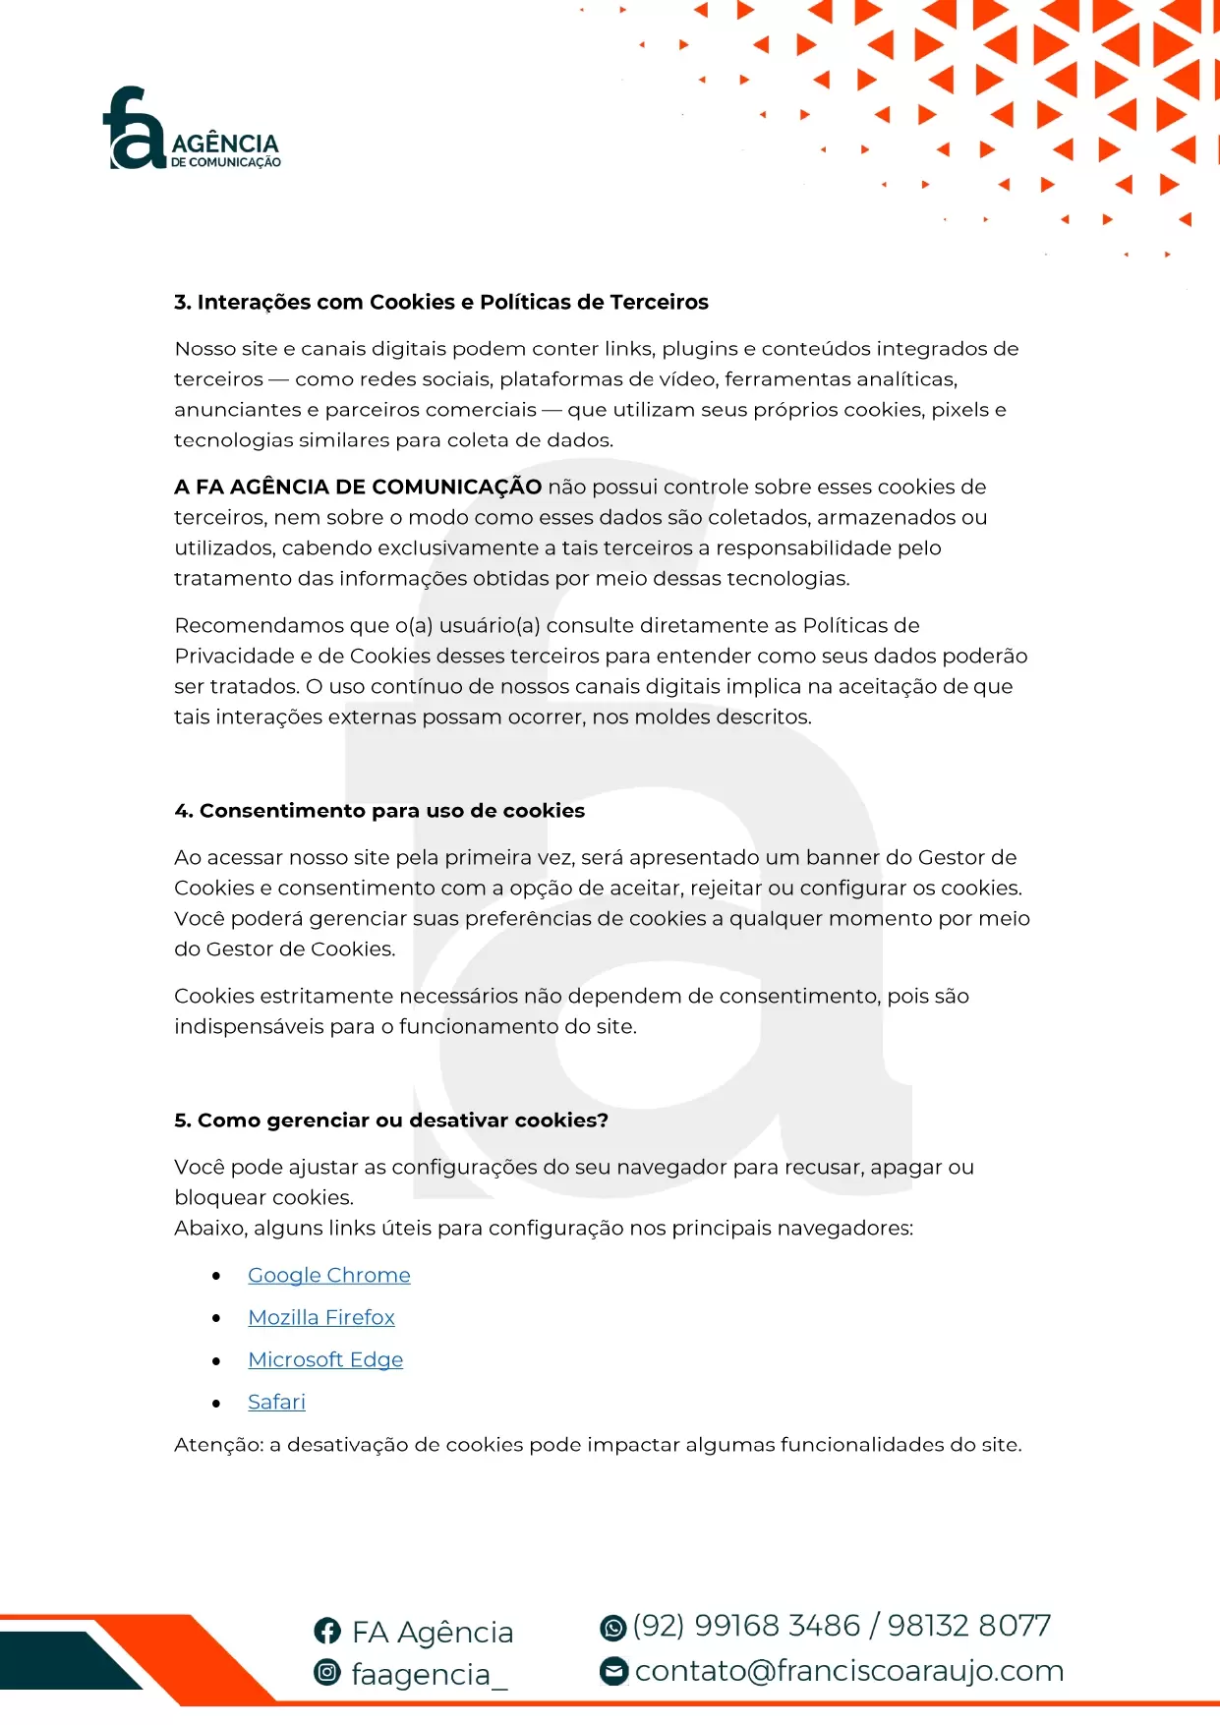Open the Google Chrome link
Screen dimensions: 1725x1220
pyautogui.click(x=328, y=1275)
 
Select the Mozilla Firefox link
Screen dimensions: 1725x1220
pyautogui.click(x=320, y=1317)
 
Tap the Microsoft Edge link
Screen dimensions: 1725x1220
pyautogui.click(x=325, y=1359)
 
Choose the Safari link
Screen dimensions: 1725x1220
pyautogui.click(x=276, y=1402)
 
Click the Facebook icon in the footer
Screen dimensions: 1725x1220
pyautogui.click(x=327, y=1631)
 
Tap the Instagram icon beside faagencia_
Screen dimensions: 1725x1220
pyautogui.click(x=327, y=1671)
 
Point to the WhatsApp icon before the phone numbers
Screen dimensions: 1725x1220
pyautogui.click(x=612, y=1628)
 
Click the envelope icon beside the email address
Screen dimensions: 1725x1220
pyautogui.click(x=612, y=1670)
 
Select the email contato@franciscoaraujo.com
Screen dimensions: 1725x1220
pyautogui.click(x=849, y=1670)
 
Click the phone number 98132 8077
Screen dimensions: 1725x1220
pyautogui.click(x=968, y=1626)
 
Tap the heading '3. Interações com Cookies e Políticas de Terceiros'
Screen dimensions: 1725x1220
pyautogui.click(x=440, y=302)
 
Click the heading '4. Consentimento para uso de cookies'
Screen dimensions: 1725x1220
pyautogui.click(x=378, y=810)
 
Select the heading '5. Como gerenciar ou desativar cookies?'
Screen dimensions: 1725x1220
pyautogui.click(x=390, y=1120)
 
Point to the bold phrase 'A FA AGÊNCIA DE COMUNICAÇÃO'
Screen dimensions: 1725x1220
pyautogui.click(x=358, y=487)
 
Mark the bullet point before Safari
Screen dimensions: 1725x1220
pyautogui.click(x=216, y=1403)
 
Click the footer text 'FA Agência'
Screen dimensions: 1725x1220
pyautogui.click(x=433, y=1632)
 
